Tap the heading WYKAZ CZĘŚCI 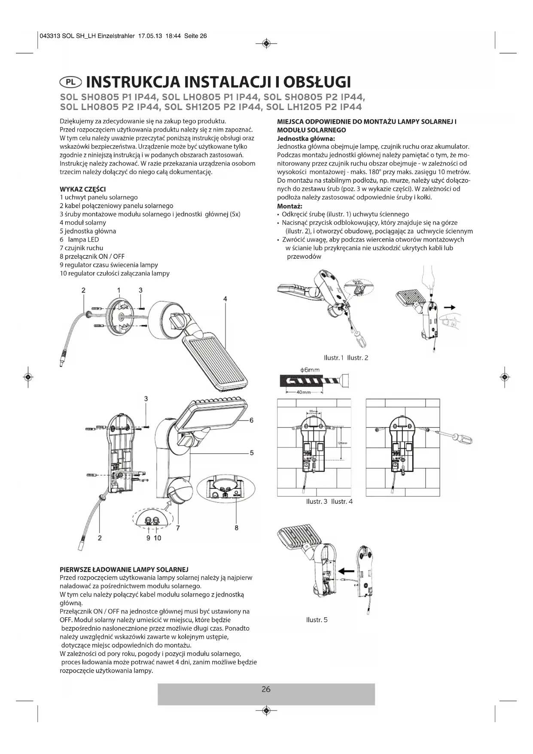point(83,189)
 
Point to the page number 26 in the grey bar point(266,689)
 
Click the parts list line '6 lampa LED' point(79,239)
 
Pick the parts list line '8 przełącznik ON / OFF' point(92,257)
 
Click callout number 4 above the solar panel point(225,299)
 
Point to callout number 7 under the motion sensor point(177,528)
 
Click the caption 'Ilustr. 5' point(317,619)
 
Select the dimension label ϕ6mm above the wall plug point(310,370)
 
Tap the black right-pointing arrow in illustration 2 point(450,307)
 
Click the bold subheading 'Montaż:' point(290,206)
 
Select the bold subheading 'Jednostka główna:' point(306,138)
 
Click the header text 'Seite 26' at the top point(195,36)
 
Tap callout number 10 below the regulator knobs point(157,538)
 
